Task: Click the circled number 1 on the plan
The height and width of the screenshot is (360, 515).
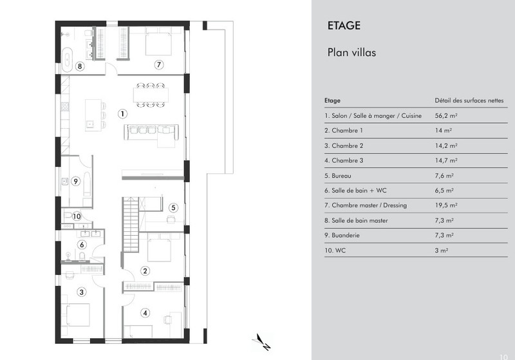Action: click(x=122, y=113)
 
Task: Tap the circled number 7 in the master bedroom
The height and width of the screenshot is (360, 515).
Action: click(x=159, y=64)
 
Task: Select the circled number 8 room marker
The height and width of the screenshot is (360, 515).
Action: click(x=79, y=66)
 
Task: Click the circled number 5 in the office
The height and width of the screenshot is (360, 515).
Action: click(x=173, y=207)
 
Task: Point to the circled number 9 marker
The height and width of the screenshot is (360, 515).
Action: click(x=75, y=181)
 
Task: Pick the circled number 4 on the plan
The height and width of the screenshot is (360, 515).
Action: click(x=145, y=313)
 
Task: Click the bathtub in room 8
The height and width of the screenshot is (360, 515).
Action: click(x=67, y=59)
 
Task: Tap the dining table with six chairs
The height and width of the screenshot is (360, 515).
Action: click(x=151, y=95)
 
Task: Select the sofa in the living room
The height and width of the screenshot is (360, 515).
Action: click(x=151, y=133)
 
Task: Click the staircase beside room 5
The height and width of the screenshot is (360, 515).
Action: click(x=131, y=224)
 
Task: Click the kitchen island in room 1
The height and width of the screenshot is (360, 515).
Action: click(x=93, y=115)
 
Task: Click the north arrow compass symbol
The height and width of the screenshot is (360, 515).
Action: click(x=262, y=342)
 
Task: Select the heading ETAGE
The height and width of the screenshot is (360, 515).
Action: click(x=344, y=26)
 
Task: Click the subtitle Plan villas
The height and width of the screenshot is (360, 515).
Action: click(x=351, y=53)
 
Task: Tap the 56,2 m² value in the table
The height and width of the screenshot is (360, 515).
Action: click(x=446, y=116)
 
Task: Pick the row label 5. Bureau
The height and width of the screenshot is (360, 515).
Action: click(x=337, y=176)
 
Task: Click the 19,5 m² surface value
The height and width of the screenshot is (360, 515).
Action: click(x=446, y=205)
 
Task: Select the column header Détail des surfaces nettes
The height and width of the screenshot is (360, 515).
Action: click(x=469, y=100)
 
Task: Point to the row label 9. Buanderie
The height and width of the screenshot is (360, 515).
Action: click(x=342, y=235)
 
